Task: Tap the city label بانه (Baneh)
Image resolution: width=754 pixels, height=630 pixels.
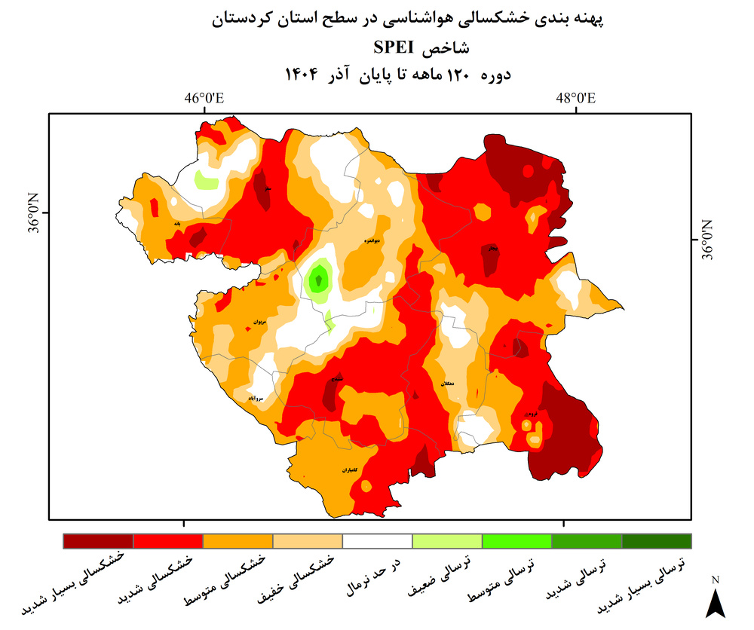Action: point(176,224)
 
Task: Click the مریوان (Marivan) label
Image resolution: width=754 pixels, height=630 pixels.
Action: point(259,322)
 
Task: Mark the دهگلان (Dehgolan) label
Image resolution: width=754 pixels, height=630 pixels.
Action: point(448,384)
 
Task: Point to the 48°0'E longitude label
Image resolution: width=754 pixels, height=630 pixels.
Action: point(576,99)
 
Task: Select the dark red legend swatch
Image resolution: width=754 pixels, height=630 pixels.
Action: point(98,541)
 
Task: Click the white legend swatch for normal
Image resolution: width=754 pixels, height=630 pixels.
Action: point(377,541)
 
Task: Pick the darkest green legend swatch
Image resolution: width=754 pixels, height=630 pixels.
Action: point(656,541)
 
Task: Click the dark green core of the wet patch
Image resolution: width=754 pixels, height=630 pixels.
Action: point(319,281)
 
